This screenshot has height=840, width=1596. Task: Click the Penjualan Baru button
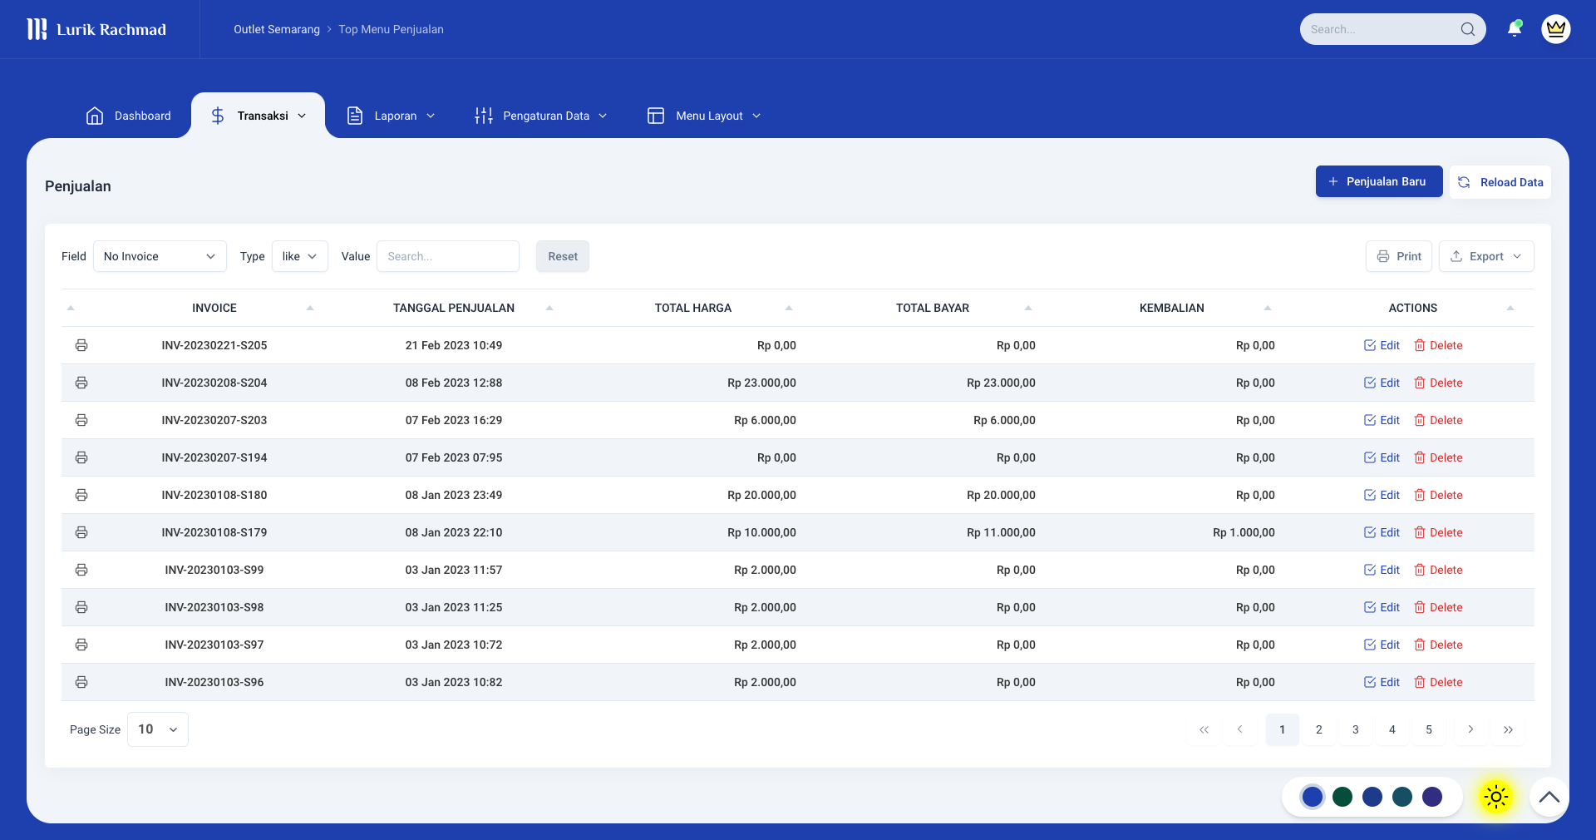(1378, 181)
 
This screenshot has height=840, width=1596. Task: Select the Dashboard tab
(129, 116)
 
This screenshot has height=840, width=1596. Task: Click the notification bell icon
(1514, 29)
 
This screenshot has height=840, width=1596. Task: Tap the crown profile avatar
(1555, 29)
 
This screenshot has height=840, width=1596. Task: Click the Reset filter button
(563, 256)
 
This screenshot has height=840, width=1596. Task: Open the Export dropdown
(1486, 256)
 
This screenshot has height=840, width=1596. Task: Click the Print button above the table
(1399, 256)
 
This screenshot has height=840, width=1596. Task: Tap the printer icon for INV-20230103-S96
(81, 682)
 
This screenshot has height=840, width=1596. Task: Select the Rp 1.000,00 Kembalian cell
(1244, 532)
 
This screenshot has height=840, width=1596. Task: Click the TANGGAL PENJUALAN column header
(454, 308)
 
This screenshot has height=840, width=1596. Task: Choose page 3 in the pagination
(1355, 729)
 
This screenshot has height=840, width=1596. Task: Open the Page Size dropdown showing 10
(158, 729)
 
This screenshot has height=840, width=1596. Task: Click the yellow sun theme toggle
(1495, 797)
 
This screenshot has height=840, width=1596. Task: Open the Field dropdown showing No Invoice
(160, 256)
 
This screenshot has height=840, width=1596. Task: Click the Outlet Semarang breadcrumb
(277, 29)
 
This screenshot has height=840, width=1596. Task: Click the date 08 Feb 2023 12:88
(454, 383)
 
